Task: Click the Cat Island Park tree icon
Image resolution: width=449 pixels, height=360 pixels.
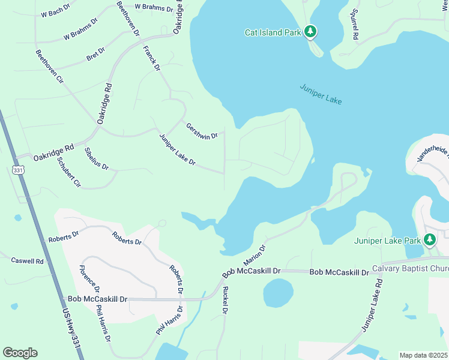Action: click(x=310, y=31)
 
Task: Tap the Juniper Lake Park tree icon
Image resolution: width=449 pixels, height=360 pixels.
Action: click(x=429, y=241)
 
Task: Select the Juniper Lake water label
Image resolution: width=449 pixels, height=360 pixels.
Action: click(x=321, y=94)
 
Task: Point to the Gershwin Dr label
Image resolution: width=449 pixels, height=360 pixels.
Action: click(x=201, y=131)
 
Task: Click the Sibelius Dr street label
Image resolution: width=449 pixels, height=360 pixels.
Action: click(x=96, y=158)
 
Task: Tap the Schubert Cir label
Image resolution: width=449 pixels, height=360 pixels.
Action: click(x=68, y=172)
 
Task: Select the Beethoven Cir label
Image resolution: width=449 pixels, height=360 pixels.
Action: click(x=49, y=66)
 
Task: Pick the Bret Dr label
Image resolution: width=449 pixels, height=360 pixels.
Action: click(x=95, y=53)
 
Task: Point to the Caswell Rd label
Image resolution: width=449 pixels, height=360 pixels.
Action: click(x=28, y=261)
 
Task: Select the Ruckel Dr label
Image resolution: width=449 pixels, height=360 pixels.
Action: click(x=225, y=299)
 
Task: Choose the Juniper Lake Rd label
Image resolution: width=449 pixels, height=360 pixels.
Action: click(x=372, y=305)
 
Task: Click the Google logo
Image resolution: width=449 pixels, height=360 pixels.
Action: click(x=20, y=353)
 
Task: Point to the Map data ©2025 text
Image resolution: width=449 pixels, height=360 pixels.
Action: click(x=423, y=355)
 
